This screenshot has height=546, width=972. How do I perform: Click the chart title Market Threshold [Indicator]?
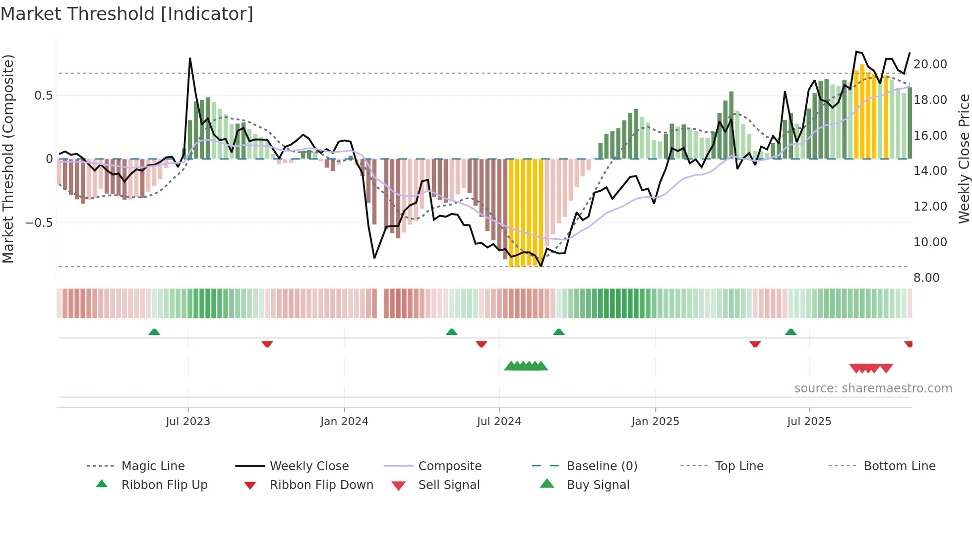click(127, 14)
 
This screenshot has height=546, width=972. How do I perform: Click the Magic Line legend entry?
click(153, 466)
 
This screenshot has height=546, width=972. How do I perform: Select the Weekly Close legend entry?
click(309, 466)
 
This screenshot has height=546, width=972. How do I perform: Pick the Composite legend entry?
click(449, 466)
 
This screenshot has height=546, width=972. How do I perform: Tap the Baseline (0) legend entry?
click(602, 466)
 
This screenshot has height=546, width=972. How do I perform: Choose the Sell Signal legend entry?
click(449, 485)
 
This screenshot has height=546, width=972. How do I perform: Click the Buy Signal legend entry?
click(598, 485)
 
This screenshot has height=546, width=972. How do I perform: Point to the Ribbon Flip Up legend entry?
click(164, 485)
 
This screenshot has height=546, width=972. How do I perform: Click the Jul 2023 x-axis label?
click(188, 422)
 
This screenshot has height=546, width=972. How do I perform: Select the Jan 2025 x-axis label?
click(655, 422)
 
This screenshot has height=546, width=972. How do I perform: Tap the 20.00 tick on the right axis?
click(930, 64)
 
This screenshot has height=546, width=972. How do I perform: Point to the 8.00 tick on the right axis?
click(926, 278)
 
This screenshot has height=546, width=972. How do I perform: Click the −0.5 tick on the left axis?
click(39, 223)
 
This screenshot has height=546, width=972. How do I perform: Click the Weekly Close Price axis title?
click(964, 159)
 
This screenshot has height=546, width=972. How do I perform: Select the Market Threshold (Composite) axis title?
click(8, 159)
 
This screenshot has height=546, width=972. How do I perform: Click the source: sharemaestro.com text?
click(873, 388)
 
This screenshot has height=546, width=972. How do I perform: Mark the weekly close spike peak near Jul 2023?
click(190, 58)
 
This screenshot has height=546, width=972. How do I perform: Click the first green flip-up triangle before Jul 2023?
click(154, 332)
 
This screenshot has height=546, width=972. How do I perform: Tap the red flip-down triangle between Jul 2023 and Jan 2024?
click(267, 344)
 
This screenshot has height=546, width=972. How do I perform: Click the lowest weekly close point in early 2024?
click(374, 258)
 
